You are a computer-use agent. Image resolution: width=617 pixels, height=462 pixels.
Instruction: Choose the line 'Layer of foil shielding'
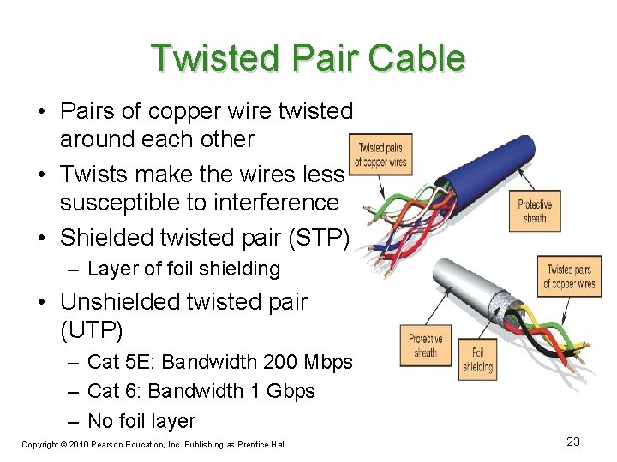[183, 269]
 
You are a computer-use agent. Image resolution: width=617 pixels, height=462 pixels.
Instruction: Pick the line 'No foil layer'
[141, 420]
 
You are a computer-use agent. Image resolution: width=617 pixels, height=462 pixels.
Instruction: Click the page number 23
[573, 441]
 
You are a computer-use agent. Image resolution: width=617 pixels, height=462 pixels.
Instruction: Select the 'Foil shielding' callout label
[478, 359]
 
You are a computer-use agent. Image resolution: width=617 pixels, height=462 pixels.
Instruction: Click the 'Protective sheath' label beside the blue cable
[535, 211]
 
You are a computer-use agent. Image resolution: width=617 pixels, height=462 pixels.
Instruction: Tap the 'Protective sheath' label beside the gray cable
[425, 346]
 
